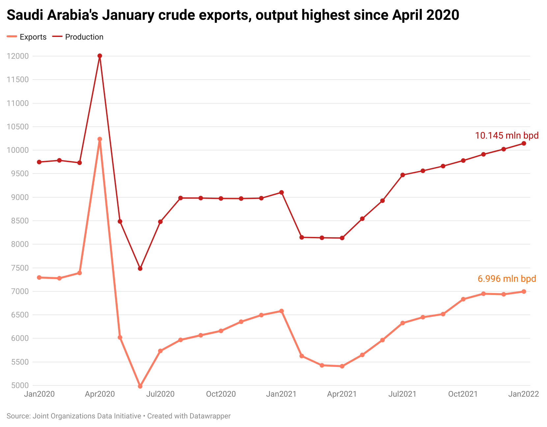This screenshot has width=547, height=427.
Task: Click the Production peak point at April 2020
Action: (100, 56)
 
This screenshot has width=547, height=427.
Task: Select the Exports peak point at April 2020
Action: (100, 139)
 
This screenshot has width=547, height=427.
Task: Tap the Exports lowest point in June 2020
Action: (140, 386)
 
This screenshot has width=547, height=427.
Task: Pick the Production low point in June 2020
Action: (140, 269)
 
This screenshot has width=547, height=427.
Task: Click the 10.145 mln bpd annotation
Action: (507, 135)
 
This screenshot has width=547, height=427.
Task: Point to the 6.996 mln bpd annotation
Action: (507, 279)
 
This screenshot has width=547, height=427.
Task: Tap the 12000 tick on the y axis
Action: (18, 56)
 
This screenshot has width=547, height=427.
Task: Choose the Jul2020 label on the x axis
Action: (160, 394)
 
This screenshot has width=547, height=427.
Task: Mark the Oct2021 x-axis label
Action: (463, 394)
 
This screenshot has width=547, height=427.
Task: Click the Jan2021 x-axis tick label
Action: (281, 394)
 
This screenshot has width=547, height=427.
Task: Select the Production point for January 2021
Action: (281, 192)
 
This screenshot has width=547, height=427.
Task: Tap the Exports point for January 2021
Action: (281, 311)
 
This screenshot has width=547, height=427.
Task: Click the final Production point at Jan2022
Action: (524, 144)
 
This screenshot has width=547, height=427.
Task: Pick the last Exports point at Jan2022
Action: (524, 291)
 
